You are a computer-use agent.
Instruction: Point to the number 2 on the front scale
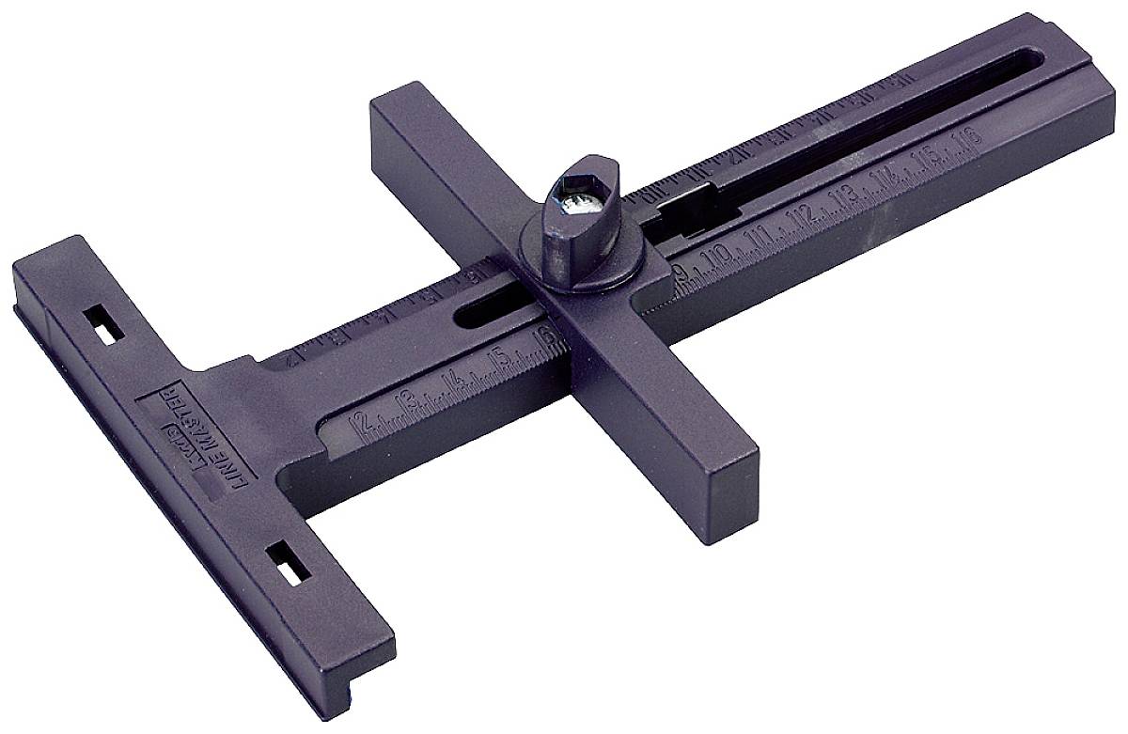358,422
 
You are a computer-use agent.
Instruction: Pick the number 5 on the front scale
503,359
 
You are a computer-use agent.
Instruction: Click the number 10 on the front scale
718,257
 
